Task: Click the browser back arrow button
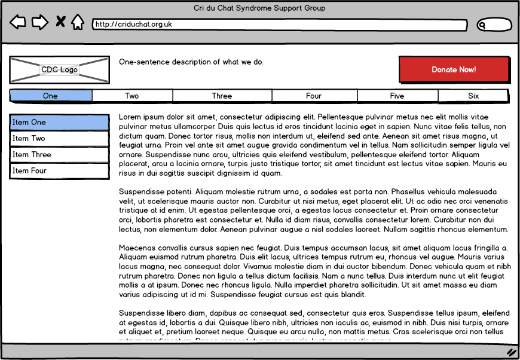click(x=18, y=23)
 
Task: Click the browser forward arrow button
click(x=39, y=23)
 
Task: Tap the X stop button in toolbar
click(x=60, y=22)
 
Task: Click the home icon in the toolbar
click(x=78, y=22)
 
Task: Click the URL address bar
click(x=280, y=25)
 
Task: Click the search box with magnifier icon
click(x=494, y=25)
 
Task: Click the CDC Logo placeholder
click(x=59, y=70)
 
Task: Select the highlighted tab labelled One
click(x=51, y=96)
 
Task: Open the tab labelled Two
click(x=132, y=96)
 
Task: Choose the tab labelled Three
click(x=222, y=96)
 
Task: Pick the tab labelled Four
click(x=314, y=96)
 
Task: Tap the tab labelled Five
click(x=397, y=96)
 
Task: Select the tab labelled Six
click(x=473, y=96)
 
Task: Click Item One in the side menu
click(x=59, y=123)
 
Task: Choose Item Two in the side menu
click(x=59, y=139)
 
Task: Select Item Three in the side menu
click(x=59, y=155)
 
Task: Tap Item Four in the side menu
click(x=59, y=171)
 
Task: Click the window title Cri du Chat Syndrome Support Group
click(x=260, y=8)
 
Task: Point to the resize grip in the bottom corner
click(x=512, y=352)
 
